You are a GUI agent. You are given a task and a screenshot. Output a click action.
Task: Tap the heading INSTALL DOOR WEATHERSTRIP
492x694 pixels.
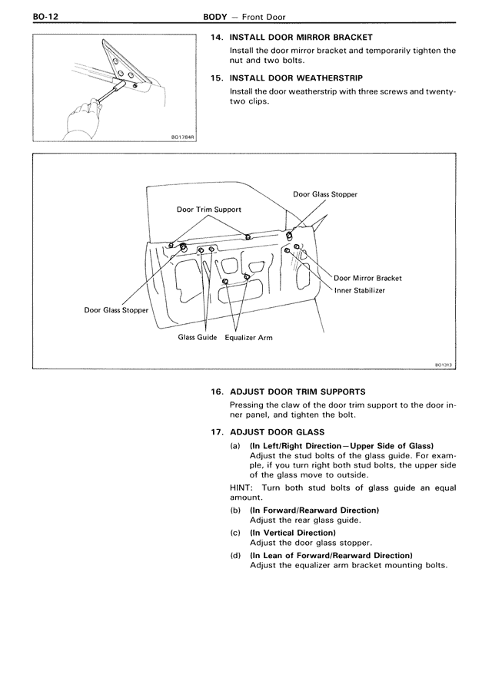tap(296, 78)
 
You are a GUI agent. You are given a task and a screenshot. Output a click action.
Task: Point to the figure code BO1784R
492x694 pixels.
tap(184, 139)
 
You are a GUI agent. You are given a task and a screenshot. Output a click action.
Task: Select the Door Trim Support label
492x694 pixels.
tap(209, 210)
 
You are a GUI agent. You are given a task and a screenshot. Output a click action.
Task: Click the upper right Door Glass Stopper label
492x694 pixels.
tap(324, 194)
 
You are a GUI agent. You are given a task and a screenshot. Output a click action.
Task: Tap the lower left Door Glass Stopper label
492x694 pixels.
tap(116, 310)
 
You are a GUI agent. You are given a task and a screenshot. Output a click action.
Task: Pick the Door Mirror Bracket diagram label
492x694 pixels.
tap(367, 278)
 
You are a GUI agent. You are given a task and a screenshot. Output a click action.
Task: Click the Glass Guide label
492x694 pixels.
tap(198, 337)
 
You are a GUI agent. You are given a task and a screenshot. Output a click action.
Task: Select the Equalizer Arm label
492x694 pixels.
tap(248, 337)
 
